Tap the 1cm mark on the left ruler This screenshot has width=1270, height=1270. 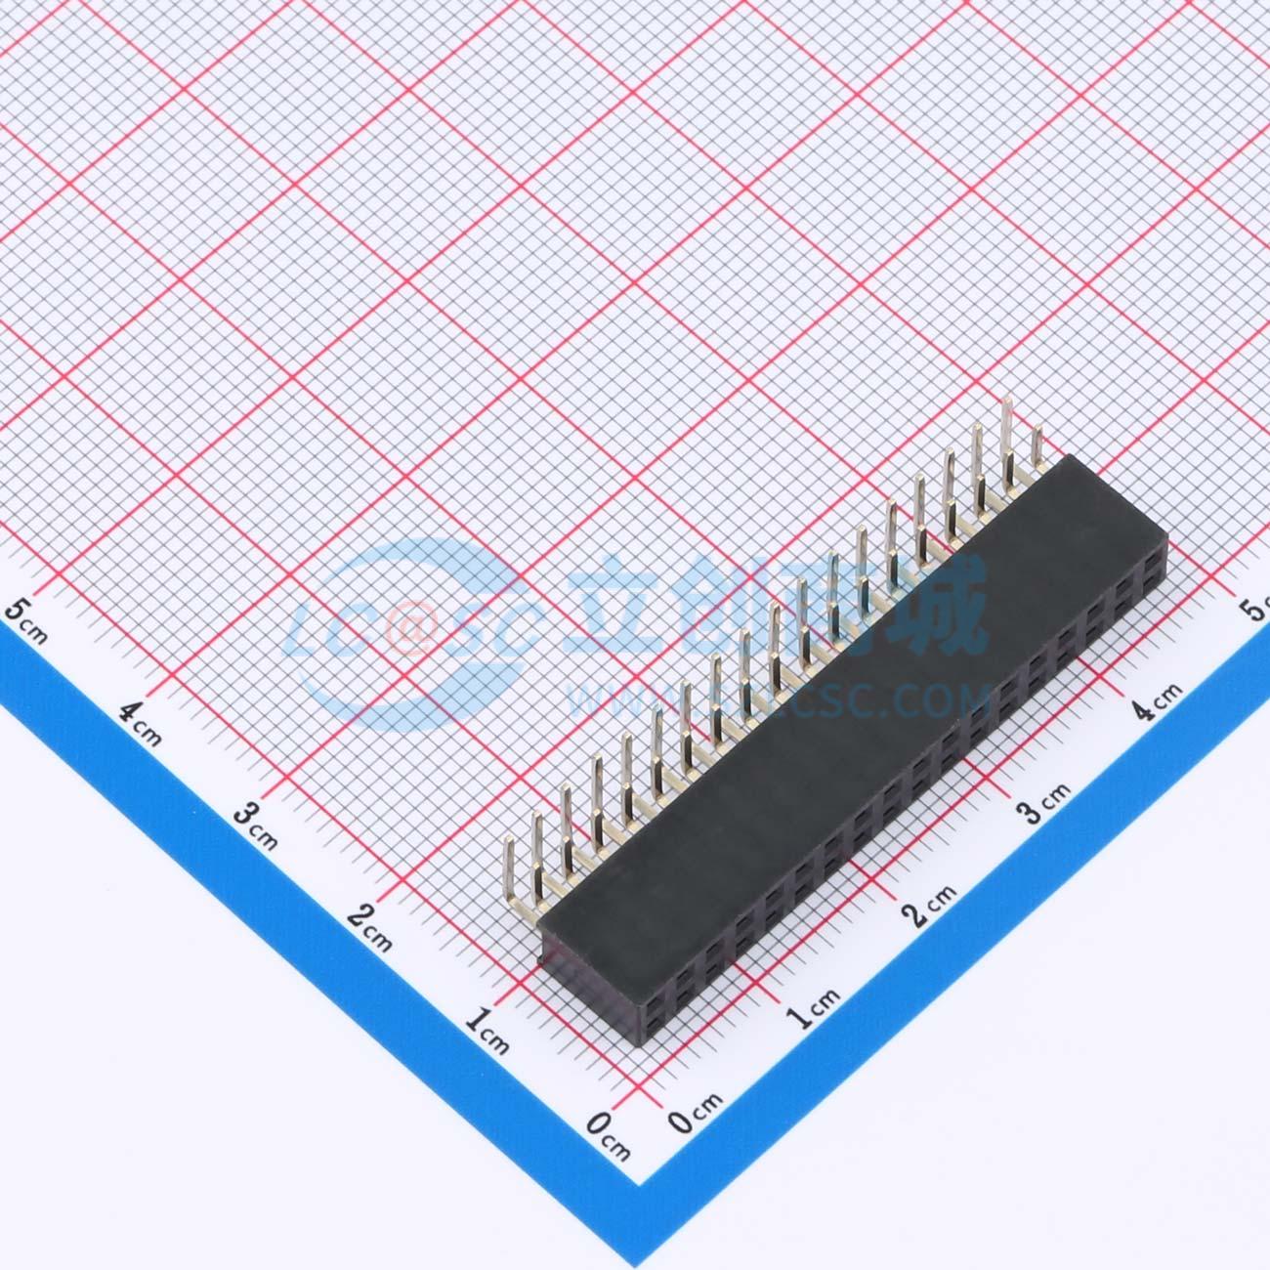[487, 1031]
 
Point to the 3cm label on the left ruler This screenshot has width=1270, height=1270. [257, 824]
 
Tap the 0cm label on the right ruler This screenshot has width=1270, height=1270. [697, 1111]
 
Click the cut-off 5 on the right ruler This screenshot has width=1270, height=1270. [1256, 611]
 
